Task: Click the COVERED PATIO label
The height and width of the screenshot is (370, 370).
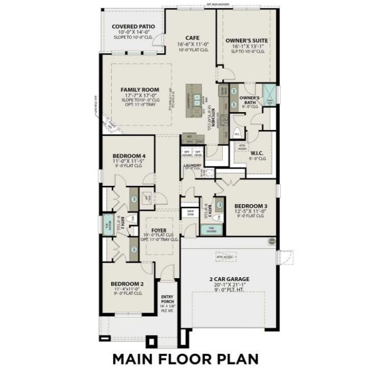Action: tap(133, 27)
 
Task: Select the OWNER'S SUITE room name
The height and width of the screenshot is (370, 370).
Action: tap(247, 40)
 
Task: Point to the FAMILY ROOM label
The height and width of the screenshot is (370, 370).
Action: tap(140, 90)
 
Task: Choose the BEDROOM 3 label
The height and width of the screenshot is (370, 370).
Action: tap(251, 206)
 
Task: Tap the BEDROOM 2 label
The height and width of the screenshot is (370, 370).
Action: tap(127, 284)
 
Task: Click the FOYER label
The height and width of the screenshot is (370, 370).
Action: tap(159, 230)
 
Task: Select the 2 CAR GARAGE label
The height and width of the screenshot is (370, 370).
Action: tap(229, 279)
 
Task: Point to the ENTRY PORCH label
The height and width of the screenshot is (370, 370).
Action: tap(167, 299)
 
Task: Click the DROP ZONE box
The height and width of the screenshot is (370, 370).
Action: tap(190, 213)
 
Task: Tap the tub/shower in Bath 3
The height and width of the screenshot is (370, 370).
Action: tap(212, 230)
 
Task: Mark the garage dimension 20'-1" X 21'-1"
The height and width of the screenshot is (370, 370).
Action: tap(229, 285)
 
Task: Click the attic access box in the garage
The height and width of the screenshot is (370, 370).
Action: tap(226, 256)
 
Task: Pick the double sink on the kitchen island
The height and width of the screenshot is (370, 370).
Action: tap(197, 100)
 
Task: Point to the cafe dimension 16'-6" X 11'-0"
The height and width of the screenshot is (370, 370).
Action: tap(193, 44)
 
